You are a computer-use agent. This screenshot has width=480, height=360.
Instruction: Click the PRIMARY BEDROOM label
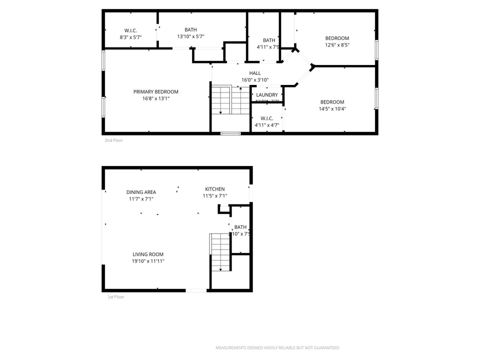(155, 91)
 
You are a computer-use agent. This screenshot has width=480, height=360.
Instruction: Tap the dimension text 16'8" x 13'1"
(155, 98)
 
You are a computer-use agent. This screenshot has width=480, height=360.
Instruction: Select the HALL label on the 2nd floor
(255, 73)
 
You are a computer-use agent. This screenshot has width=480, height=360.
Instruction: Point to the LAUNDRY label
(267, 95)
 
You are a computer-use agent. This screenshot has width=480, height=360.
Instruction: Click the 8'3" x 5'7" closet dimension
(131, 37)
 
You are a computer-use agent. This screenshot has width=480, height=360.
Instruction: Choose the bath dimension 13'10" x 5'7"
(190, 36)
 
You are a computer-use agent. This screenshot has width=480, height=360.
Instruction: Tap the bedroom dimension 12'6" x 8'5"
(337, 45)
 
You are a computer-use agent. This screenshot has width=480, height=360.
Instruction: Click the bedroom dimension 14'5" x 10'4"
(332, 109)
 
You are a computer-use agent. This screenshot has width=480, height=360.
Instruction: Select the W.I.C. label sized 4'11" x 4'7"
(266, 118)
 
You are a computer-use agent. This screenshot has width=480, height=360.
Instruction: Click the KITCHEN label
(214, 189)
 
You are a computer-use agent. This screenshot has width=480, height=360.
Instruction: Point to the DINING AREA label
(141, 192)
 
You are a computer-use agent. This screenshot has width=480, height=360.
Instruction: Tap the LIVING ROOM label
(148, 254)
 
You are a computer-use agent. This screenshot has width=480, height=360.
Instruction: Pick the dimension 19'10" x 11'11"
(148, 261)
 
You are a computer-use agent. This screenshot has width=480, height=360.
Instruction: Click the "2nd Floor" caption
(113, 140)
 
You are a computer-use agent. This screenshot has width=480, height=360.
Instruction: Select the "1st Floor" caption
(115, 297)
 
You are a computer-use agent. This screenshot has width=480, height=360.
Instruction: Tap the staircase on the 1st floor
(220, 252)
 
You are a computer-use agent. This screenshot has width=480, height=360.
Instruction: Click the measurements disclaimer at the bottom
(277, 347)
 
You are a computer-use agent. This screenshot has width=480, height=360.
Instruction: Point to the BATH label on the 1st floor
(240, 227)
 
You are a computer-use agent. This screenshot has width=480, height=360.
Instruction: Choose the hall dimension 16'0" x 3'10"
(255, 80)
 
